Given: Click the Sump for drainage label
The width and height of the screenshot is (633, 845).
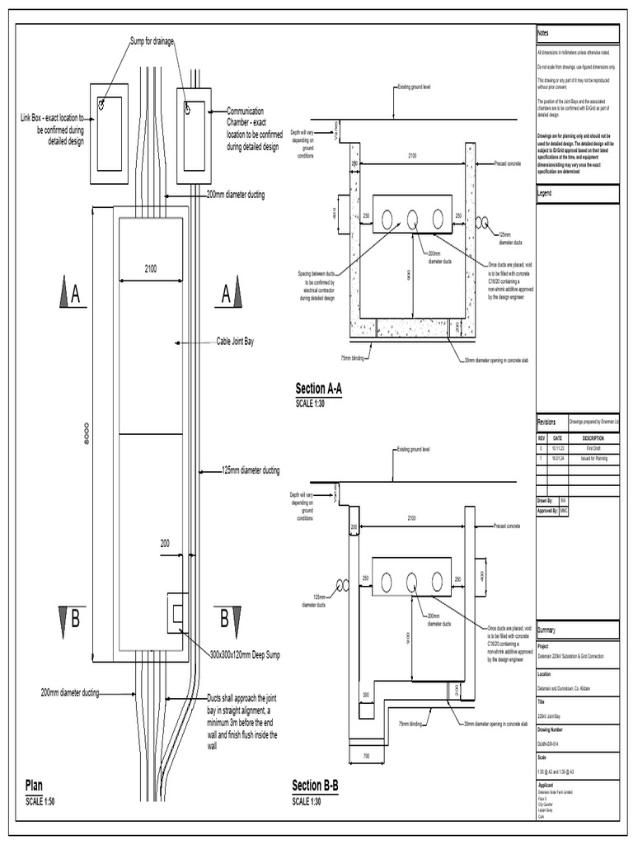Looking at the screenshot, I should click(152, 42).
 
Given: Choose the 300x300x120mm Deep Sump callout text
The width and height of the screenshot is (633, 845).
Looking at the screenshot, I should click(245, 655).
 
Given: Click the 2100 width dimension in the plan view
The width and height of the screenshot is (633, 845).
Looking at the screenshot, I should click(151, 268).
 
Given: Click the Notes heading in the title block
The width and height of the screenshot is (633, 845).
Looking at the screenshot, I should click(543, 32).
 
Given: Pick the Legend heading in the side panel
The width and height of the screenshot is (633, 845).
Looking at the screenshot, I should click(545, 193).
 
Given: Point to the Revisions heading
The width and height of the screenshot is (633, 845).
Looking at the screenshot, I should click(547, 421).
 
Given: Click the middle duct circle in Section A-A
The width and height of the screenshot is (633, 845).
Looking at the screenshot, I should click(412, 220).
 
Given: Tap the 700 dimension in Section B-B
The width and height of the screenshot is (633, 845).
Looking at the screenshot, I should click(365, 756).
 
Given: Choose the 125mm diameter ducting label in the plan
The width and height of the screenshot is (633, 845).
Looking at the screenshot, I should click(251, 471).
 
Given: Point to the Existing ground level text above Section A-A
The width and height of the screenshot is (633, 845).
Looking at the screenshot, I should click(414, 87).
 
